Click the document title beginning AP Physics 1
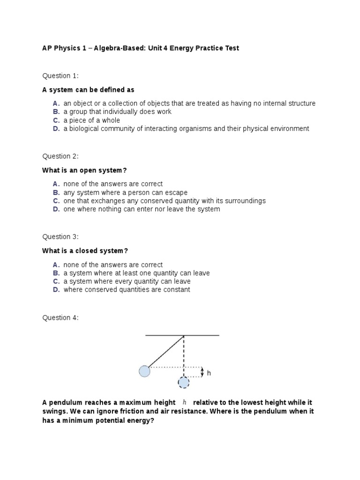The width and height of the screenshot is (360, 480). click(x=141, y=48)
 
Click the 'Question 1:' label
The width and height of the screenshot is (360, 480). click(x=60, y=75)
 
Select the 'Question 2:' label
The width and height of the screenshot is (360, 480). click(x=60, y=156)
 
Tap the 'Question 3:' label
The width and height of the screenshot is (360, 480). click(x=60, y=237)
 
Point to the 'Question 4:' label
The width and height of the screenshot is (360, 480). click(x=60, y=318)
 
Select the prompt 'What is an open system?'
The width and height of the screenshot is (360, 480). click(x=84, y=170)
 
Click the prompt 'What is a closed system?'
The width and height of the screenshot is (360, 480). click(x=85, y=251)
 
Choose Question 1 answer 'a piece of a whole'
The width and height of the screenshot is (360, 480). click(x=92, y=120)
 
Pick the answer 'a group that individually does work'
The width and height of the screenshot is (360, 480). click(x=117, y=112)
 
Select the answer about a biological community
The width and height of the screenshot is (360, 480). click(x=186, y=128)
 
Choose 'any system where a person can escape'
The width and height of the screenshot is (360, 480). click(x=125, y=192)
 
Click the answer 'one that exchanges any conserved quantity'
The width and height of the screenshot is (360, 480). click(x=164, y=201)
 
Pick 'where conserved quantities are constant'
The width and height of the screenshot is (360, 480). click(x=127, y=290)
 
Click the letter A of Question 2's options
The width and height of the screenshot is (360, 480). click(x=56, y=184)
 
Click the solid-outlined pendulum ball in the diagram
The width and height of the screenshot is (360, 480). click(x=144, y=372)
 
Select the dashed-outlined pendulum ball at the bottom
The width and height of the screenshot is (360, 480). click(x=183, y=383)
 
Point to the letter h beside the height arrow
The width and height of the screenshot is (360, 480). click(x=209, y=373)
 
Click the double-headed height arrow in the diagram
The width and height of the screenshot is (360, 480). click(x=202, y=372)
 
